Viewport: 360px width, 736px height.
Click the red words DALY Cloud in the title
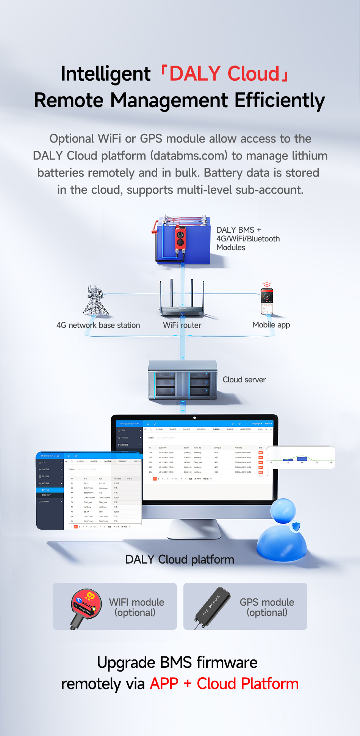[x=224, y=74]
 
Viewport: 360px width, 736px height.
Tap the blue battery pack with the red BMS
[x=183, y=240]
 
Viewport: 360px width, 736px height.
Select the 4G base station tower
[x=95, y=301]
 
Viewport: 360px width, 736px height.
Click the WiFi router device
[x=182, y=303]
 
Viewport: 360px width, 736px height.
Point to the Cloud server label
[x=244, y=380]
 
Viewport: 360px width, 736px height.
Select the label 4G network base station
[x=98, y=325]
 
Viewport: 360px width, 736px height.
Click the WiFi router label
[x=182, y=325]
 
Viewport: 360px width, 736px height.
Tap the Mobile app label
[x=271, y=325]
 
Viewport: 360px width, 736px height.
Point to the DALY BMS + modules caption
[x=248, y=239]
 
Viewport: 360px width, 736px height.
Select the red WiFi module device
[x=86, y=605]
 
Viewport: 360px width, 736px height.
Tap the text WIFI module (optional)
[x=136, y=607]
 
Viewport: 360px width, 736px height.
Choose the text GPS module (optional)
[x=267, y=607]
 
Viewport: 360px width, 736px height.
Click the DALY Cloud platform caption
[x=180, y=559]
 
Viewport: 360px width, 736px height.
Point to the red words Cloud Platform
[x=248, y=684]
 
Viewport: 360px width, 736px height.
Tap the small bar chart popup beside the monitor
[x=301, y=457]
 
